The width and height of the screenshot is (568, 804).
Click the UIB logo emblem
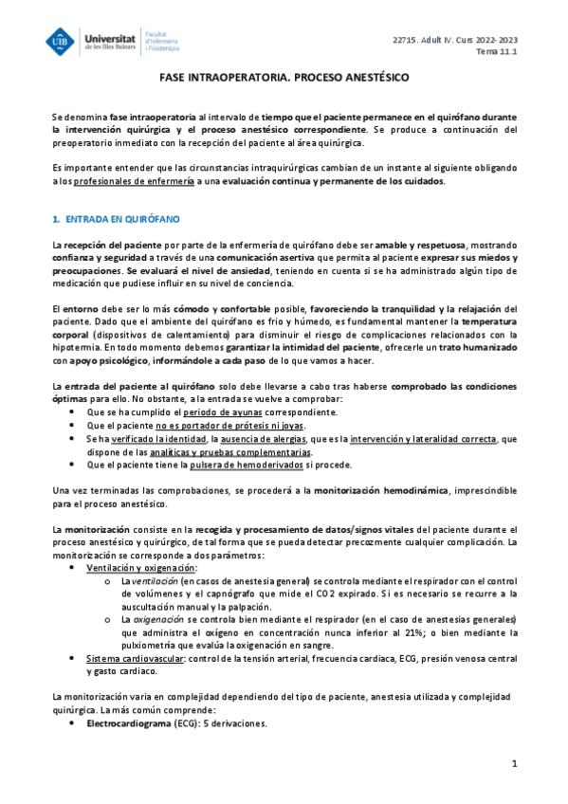point(63,42)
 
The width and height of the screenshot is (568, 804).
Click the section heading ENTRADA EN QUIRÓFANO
point(121,218)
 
